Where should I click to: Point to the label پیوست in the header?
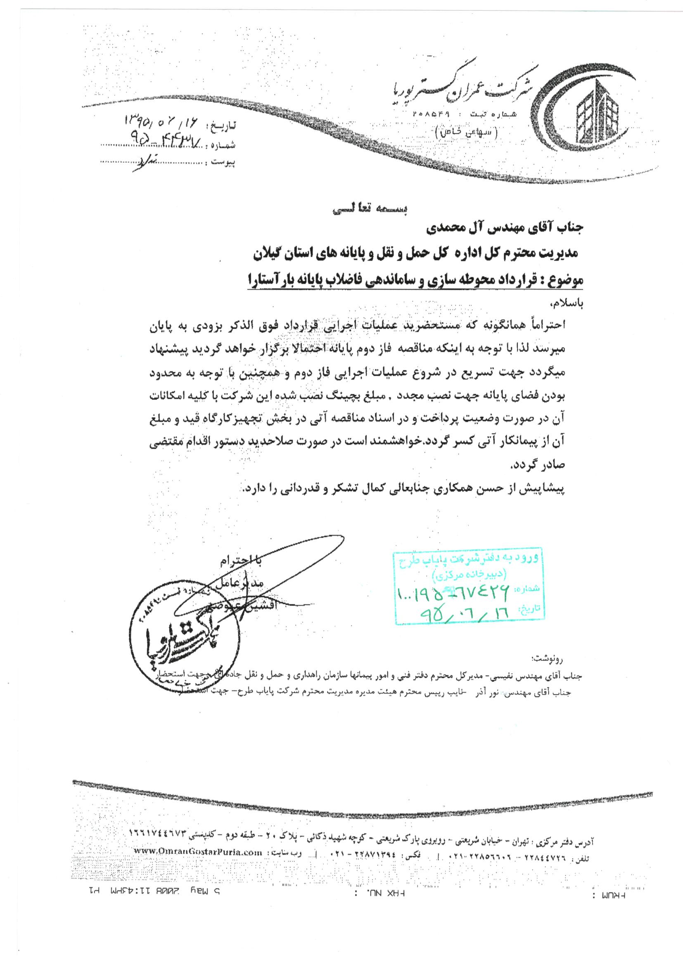pyautogui.click(x=223, y=161)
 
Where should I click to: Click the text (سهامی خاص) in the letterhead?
pyautogui.click(x=467, y=133)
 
